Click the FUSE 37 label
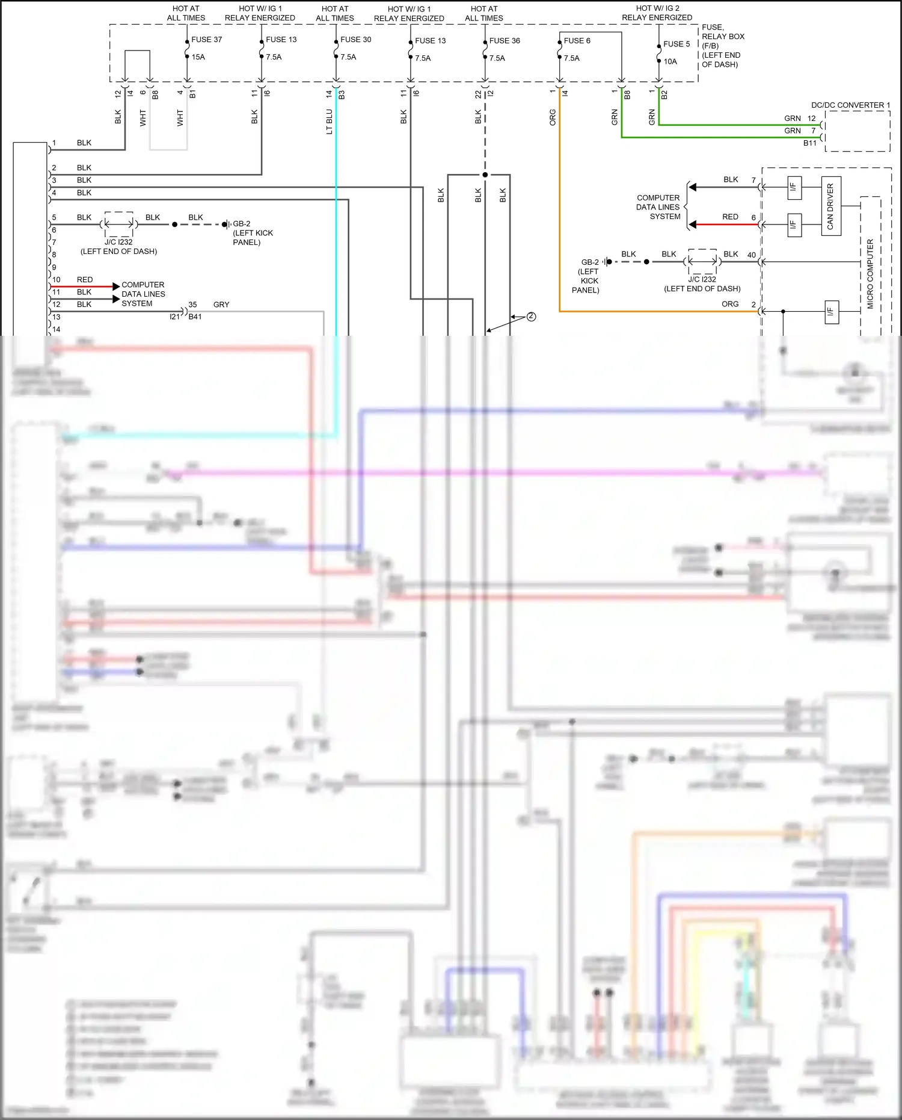tap(206, 40)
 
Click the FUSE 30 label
tap(355, 40)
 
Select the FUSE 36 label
tap(505, 41)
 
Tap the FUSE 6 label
tap(577, 41)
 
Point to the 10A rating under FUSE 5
tap(670, 61)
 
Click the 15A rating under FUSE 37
tap(198, 57)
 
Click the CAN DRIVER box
tap(830, 206)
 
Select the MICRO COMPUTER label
tap(870, 274)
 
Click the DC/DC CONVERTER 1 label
tap(850, 105)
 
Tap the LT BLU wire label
tap(329, 122)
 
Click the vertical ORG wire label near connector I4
tap(553, 117)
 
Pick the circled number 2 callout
tap(531, 317)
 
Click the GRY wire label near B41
tap(221, 305)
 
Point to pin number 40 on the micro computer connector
tap(751, 255)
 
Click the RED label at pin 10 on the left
tap(85, 280)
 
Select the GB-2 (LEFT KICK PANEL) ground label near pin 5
tap(252, 233)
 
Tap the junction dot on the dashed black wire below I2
tap(485, 175)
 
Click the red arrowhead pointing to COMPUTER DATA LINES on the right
tap(693, 224)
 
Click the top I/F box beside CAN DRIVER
tap(794, 187)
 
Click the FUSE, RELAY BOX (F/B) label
tap(722, 46)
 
